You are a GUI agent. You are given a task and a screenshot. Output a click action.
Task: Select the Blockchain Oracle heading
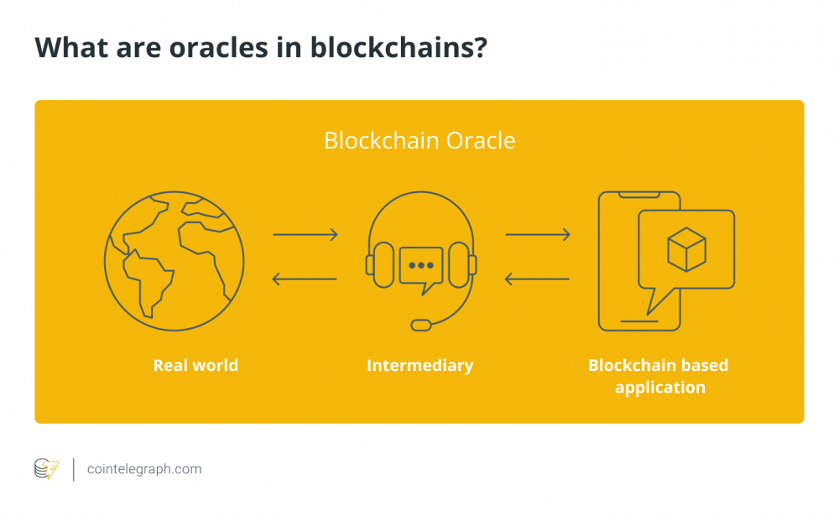coord(419,140)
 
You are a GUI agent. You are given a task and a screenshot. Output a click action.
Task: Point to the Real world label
coord(195,365)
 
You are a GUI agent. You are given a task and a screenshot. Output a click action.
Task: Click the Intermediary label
coord(419,365)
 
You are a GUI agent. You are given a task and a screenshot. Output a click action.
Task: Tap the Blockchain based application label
coord(659,376)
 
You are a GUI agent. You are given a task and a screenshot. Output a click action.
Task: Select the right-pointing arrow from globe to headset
coord(305,235)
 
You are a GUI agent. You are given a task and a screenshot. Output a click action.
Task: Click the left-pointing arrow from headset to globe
coord(305,279)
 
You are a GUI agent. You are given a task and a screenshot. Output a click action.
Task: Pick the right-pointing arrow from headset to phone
coord(538,235)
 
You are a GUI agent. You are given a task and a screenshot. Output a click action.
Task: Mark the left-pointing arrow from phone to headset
coord(538,279)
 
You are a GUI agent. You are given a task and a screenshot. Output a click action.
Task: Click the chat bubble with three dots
coord(420,268)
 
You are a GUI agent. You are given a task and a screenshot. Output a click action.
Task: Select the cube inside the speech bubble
coord(686,248)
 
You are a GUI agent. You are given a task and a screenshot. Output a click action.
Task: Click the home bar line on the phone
coord(639,317)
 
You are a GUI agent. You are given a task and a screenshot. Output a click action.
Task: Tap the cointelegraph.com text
coord(144,469)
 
